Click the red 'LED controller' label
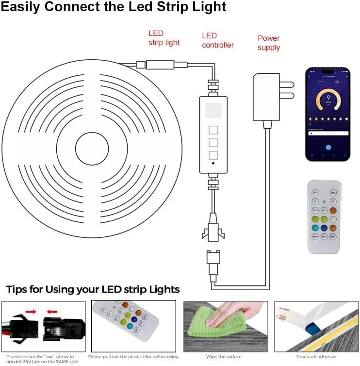click(x=218, y=40)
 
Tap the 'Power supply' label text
click(x=269, y=43)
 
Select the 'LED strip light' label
click(x=164, y=38)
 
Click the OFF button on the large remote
click(x=315, y=192)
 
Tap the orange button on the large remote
click(x=333, y=210)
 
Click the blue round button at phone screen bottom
click(x=328, y=147)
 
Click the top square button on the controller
click(x=213, y=131)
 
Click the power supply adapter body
click(x=266, y=97)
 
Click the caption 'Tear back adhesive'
click(x=316, y=356)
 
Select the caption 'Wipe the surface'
click(x=225, y=356)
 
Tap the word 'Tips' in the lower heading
click(x=20, y=290)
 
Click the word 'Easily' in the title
click(x=23, y=7)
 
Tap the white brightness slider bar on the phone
click(x=327, y=133)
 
